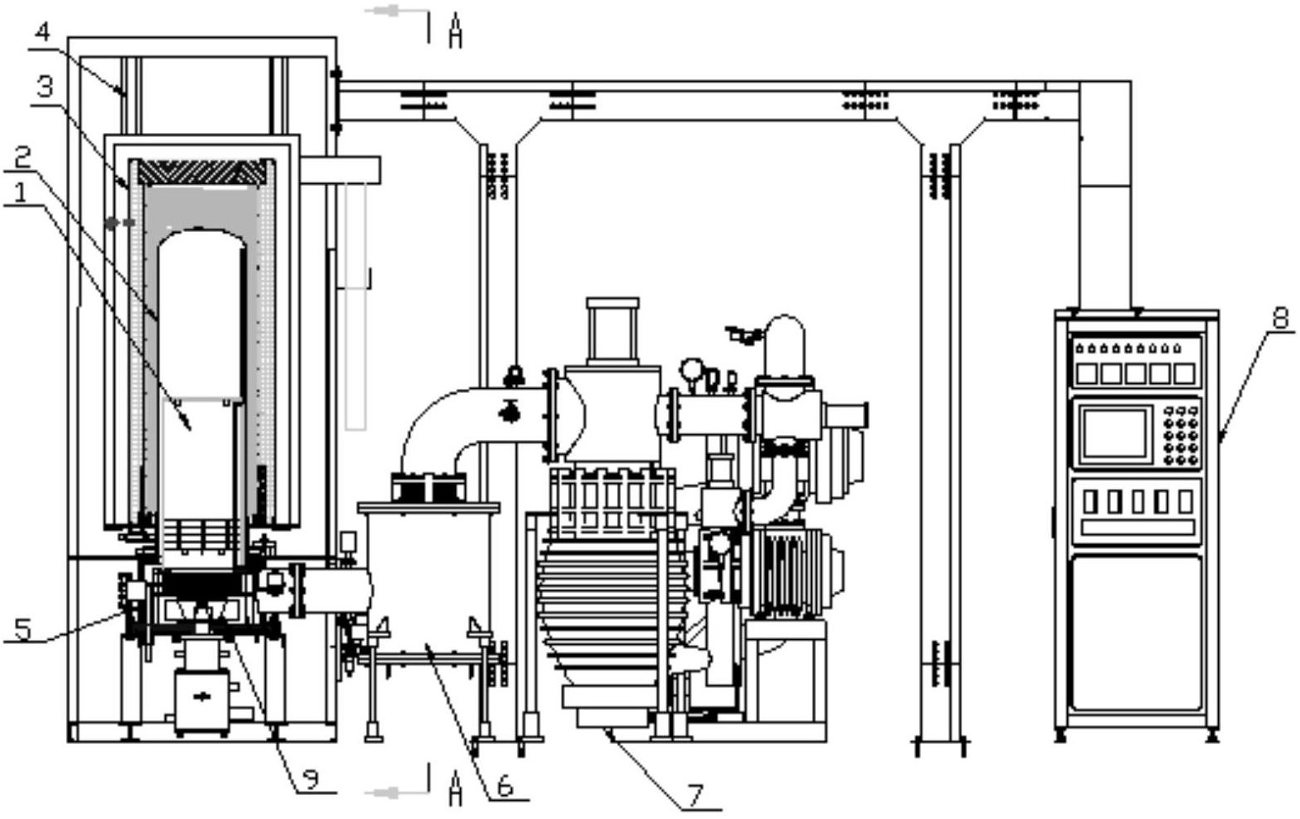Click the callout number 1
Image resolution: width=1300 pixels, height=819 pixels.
tap(21, 193)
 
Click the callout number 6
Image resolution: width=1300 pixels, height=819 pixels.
tap(505, 787)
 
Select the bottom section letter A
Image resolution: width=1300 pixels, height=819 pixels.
tap(456, 788)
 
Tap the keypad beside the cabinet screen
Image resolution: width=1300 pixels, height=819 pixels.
tap(1181, 435)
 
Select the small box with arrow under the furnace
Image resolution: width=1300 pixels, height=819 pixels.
tap(202, 699)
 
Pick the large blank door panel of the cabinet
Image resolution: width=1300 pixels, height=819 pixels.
tap(1136, 633)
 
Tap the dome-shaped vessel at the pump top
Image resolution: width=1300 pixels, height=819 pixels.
tap(785, 346)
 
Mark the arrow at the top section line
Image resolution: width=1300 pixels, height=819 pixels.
tap(387, 11)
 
